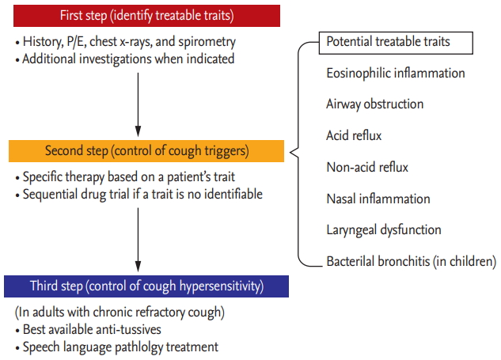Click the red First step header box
[146, 16]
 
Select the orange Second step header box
[146, 151]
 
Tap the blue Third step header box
[146, 286]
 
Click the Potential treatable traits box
[396, 43]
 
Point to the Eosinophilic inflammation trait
[396, 74]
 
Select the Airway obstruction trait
[375, 104]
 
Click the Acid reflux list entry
[354, 135]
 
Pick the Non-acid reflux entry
[367, 167]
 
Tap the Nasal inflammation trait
[378, 199]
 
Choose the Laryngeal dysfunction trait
[384, 230]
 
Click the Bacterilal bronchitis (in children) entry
[412, 261]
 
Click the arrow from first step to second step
[138, 104]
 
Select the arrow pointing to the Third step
[138, 240]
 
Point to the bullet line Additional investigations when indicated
[125, 59]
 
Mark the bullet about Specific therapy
[125, 177]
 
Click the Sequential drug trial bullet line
[139, 194]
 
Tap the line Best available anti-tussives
[88, 330]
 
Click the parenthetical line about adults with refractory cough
[120, 312]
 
